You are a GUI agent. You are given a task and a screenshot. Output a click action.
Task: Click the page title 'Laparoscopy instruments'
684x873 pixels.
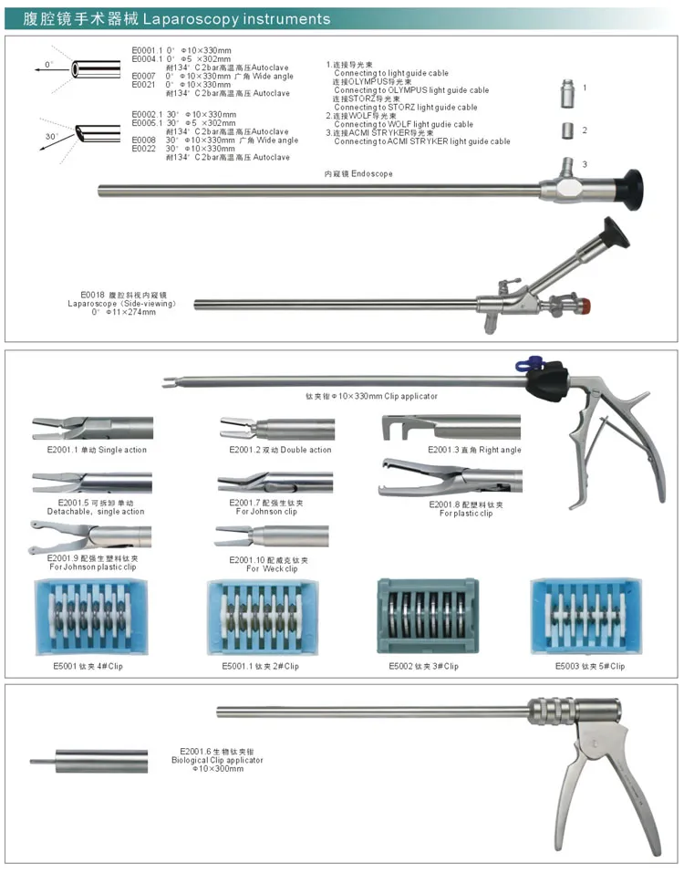[x=264, y=18]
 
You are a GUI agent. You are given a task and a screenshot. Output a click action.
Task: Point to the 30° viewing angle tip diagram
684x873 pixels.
[x=95, y=134]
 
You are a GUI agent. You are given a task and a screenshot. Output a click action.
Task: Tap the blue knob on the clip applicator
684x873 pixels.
[x=524, y=364]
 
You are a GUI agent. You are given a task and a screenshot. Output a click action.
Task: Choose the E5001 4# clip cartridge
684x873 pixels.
[x=88, y=618]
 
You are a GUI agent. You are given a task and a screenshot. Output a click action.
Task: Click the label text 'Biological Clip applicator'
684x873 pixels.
[x=217, y=760]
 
